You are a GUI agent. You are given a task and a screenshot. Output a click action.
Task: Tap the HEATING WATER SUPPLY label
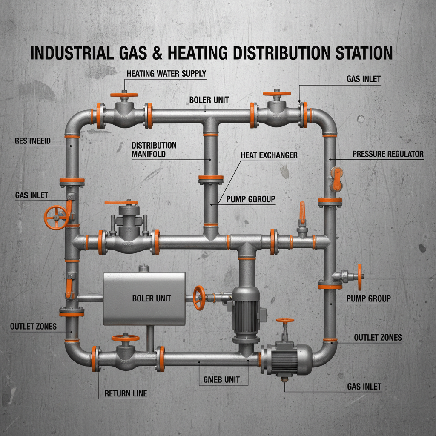point(166,73)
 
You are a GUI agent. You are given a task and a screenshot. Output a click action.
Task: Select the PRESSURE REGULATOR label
point(388,154)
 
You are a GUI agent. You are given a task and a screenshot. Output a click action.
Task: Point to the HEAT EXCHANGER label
point(269,155)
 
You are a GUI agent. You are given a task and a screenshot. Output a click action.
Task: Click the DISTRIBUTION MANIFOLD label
point(154,149)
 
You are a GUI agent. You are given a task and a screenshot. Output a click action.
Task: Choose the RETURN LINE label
point(126,393)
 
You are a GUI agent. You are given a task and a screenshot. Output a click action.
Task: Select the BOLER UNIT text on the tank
point(152,298)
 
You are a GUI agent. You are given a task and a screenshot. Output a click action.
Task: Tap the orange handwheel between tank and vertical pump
point(199,298)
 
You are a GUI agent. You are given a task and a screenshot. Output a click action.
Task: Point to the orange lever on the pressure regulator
point(337,178)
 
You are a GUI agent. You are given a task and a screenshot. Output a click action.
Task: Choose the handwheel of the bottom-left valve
point(125,338)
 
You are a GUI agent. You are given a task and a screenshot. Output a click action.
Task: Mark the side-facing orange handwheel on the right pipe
point(360,277)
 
